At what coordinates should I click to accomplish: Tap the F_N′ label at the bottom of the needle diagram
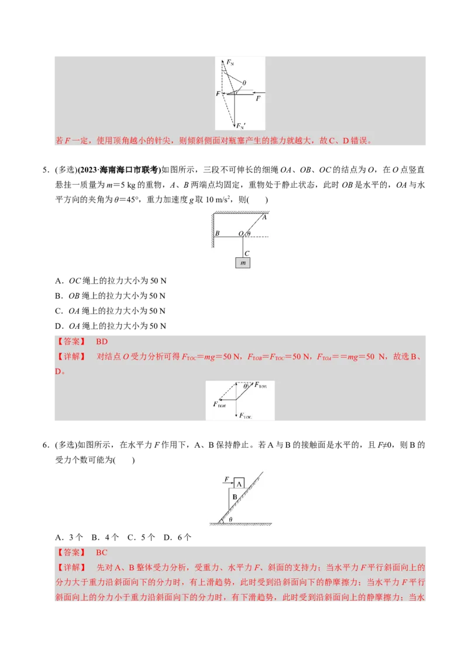[x=240, y=125]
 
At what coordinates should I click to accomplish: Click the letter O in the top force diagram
[x=243, y=83]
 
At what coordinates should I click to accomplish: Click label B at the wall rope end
[x=217, y=233]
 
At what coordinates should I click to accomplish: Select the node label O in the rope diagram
[x=240, y=233]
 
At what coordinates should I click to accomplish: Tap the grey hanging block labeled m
[x=243, y=263]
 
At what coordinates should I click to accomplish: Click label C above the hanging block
[x=247, y=253]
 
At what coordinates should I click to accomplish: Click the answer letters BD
[x=102, y=342]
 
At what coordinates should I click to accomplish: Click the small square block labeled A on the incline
[x=239, y=483]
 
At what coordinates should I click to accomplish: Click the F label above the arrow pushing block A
[x=226, y=479]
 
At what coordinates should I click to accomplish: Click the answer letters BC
[x=102, y=553]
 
